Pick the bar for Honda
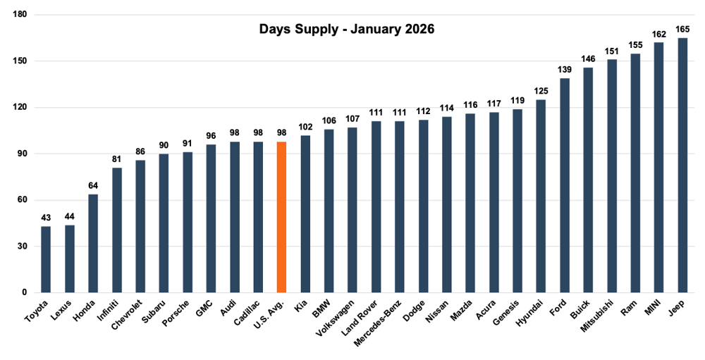pos(93,243)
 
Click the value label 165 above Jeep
pos(682,30)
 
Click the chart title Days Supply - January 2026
pos(347,30)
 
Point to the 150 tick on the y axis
pos(20,61)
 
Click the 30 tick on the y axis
pos(22,247)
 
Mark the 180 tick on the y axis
pos(20,15)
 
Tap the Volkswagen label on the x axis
pos(341,321)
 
